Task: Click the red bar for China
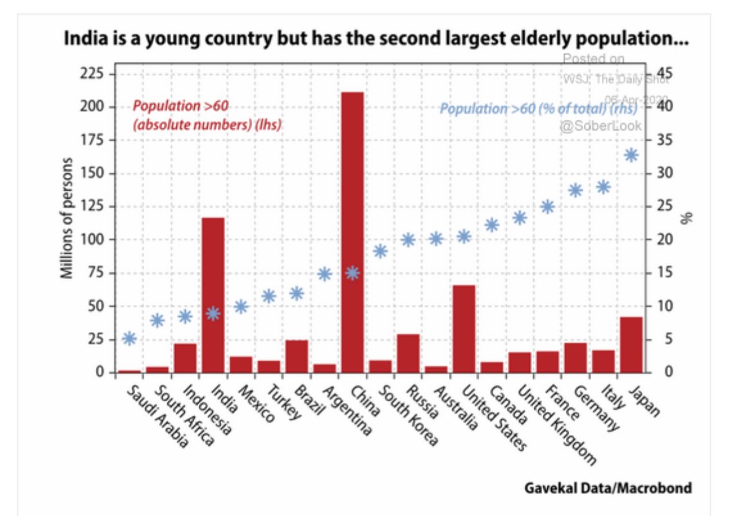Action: [352, 232]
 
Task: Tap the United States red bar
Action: [464, 328]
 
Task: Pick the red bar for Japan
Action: [631, 344]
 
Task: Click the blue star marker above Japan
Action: [632, 155]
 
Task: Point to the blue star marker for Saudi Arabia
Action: [129, 338]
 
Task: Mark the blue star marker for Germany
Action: [576, 190]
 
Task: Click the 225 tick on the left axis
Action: [93, 74]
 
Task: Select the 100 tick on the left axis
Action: [93, 239]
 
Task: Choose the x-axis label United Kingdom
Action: [557, 426]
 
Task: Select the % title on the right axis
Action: [686, 219]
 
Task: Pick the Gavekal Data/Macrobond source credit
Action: [607, 488]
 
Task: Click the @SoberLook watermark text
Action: [599, 126]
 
